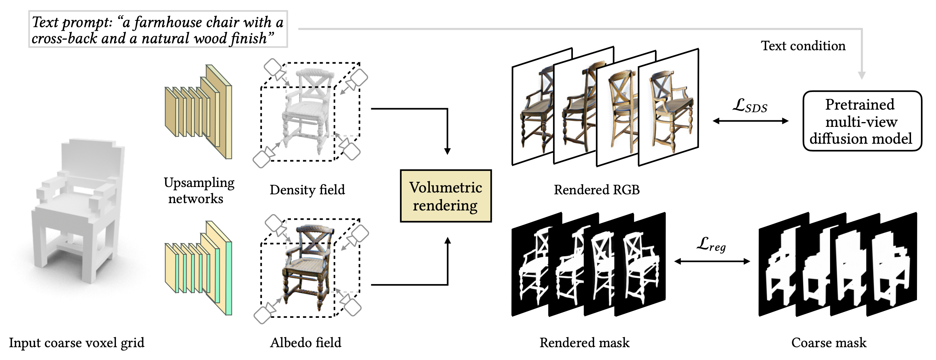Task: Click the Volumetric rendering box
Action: pos(446,196)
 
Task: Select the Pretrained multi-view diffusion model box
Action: pos(862,121)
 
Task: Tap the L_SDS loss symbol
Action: pos(750,106)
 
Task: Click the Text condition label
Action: pos(803,46)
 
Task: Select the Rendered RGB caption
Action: pos(596,190)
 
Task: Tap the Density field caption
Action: pos(307,190)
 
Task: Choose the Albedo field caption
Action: pos(306,342)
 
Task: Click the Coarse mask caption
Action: pos(829,342)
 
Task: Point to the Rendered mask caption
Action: pos(584,342)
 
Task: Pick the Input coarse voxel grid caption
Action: pos(77,342)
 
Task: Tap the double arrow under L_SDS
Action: pos(750,121)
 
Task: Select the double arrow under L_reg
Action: pos(712,261)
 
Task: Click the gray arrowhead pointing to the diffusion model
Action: pos(862,75)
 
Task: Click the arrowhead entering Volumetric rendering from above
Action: pos(447,151)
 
